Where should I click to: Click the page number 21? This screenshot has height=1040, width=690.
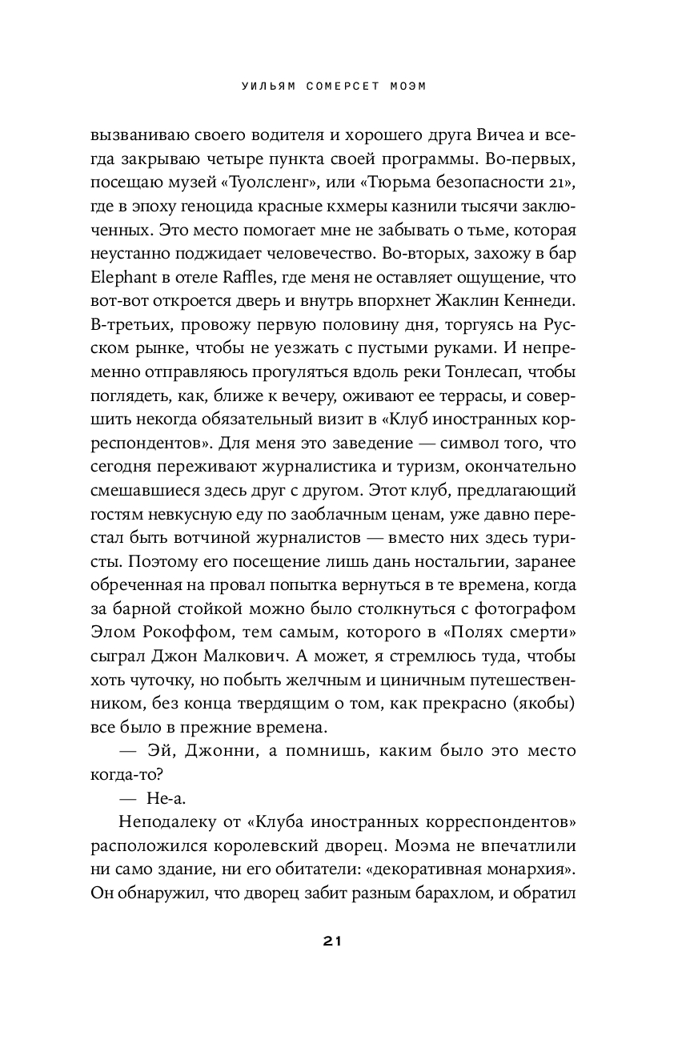[332, 942]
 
